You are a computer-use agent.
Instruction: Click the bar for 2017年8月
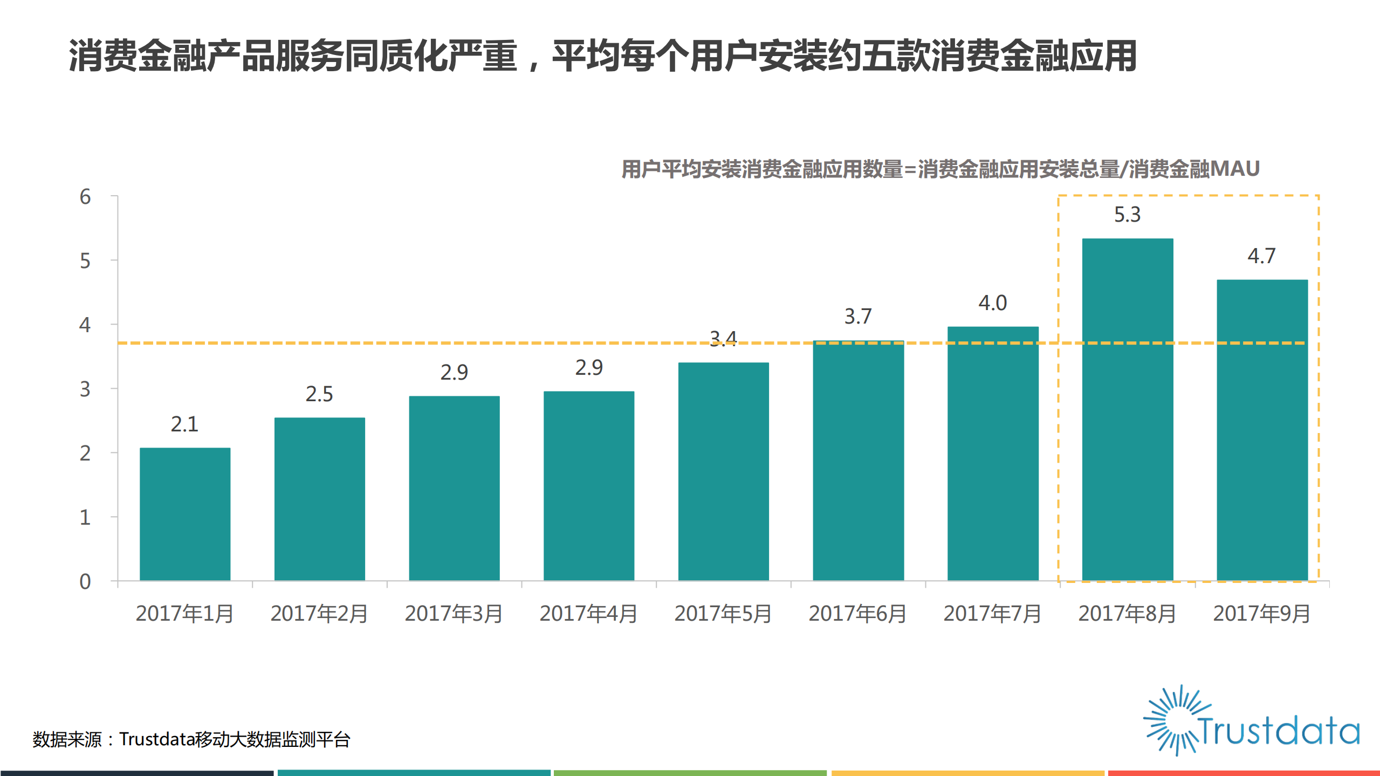coord(1127,409)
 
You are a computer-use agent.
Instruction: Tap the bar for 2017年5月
coord(723,471)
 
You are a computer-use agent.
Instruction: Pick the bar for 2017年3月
coord(454,488)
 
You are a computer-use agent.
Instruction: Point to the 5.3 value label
coord(1127,215)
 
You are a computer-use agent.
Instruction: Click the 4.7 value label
coord(1261,256)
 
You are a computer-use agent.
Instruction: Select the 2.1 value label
coord(184,424)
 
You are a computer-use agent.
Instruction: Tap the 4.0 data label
coord(992,303)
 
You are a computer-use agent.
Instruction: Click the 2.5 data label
coord(319,394)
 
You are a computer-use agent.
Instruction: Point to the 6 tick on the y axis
coord(85,197)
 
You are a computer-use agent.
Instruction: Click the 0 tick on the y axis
coord(85,582)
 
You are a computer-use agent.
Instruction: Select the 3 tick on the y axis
coord(85,389)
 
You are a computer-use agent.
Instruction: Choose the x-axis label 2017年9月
coord(1261,614)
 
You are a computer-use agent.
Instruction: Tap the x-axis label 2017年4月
coord(588,614)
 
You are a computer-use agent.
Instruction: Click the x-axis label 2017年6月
coord(857,614)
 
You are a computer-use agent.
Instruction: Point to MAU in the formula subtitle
coord(1234,169)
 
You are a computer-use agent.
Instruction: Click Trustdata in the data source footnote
coord(156,739)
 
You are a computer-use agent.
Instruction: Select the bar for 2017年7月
coord(992,454)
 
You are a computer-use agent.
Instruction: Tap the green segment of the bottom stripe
coord(690,773)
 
